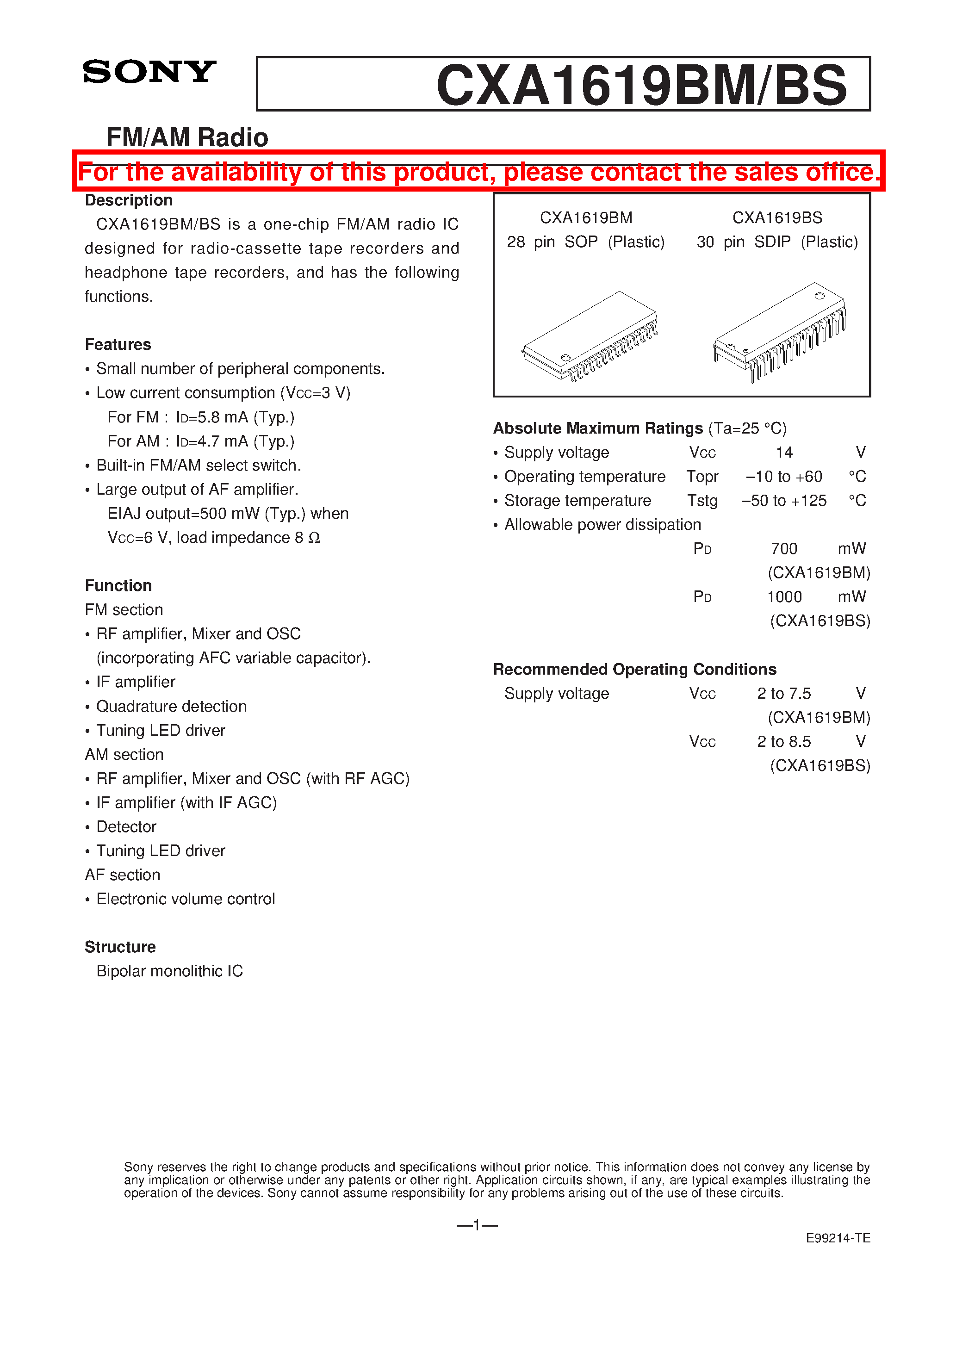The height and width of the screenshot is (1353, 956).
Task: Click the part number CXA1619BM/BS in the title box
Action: (641, 86)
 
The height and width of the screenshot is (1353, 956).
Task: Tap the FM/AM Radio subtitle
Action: (187, 137)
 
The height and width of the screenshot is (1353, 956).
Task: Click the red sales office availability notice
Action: (478, 172)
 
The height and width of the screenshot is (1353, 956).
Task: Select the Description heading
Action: (129, 200)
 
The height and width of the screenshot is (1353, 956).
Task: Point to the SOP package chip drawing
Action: (590, 336)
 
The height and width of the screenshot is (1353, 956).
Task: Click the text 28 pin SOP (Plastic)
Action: (585, 242)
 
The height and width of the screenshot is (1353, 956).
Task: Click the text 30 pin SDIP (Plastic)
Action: (777, 242)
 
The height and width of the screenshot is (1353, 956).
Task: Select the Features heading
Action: (118, 345)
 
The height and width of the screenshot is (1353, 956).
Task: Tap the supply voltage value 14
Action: (784, 453)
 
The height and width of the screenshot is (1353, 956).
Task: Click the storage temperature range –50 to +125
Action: (783, 501)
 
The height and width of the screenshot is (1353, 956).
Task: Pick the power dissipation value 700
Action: (784, 549)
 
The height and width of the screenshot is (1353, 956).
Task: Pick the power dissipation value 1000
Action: (784, 597)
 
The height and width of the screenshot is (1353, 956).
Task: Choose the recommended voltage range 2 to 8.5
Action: (784, 741)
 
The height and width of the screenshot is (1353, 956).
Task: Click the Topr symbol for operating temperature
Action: (702, 477)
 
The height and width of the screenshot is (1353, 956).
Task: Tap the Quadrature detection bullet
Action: (171, 707)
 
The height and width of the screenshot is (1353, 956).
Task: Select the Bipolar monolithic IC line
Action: (169, 971)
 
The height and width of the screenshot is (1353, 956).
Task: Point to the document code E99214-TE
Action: (838, 1238)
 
